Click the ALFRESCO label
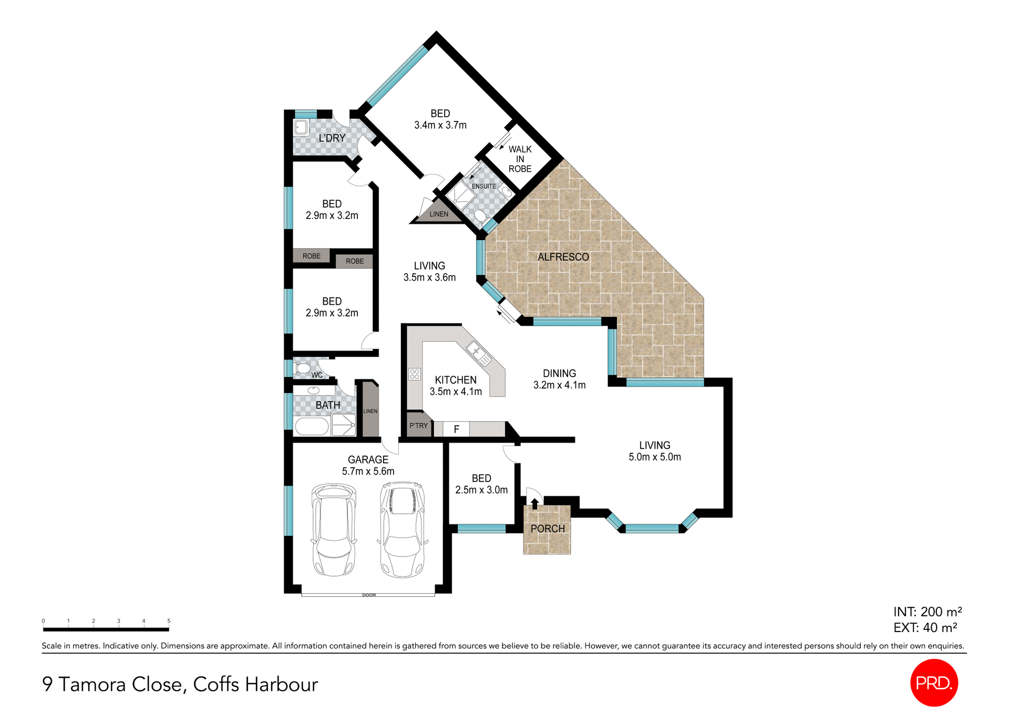click(563, 257)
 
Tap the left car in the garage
click(334, 530)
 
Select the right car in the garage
click(402, 530)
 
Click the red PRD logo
click(934, 683)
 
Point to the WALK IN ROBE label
click(520, 159)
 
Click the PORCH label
click(548, 529)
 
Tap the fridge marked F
click(456, 429)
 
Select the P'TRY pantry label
click(418, 426)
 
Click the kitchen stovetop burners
click(415, 374)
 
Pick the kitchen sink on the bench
click(479, 353)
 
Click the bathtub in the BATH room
click(312, 427)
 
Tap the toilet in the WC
click(303, 368)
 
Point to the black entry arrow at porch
click(534, 503)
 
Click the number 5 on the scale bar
click(169, 621)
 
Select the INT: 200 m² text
click(927, 612)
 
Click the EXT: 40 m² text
click(925, 627)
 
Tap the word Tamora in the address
click(92, 684)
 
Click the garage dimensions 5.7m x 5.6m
click(368, 471)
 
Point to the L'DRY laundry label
click(332, 138)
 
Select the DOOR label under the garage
click(369, 595)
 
